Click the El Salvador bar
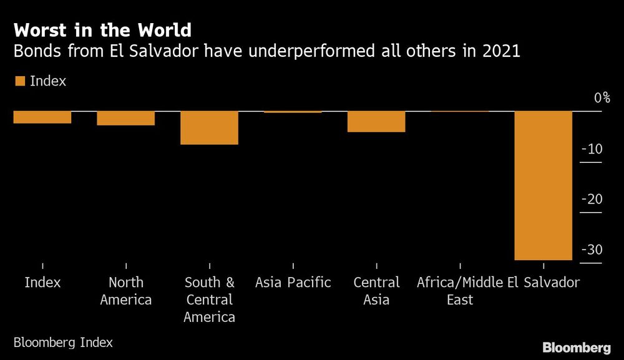click(543, 185)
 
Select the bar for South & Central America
click(209, 128)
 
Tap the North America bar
click(125, 118)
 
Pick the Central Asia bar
click(376, 122)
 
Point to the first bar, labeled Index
click(42, 117)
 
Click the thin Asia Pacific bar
click(293, 112)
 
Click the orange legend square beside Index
click(20, 81)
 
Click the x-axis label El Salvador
click(543, 283)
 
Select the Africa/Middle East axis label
click(460, 291)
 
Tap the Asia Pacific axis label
click(293, 283)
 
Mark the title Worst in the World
click(102, 30)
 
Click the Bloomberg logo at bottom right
click(576, 348)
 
